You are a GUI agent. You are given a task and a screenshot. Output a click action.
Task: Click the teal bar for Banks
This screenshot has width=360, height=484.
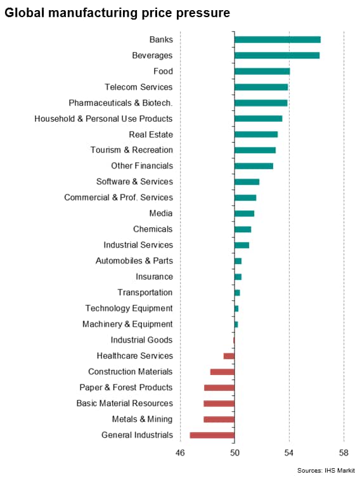(278, 39)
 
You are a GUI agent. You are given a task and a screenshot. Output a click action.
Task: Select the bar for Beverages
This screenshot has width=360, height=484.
(277, 56)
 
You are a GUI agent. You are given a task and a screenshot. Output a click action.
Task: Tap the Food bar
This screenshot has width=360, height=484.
(262, 72)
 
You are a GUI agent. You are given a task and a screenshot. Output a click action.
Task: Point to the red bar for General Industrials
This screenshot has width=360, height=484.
(212, 435)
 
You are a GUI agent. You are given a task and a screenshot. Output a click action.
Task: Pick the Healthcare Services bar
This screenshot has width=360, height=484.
(229, 356)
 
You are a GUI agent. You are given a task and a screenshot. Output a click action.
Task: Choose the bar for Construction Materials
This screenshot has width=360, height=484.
(222, 372)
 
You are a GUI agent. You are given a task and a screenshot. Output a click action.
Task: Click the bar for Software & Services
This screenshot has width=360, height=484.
(247, 182)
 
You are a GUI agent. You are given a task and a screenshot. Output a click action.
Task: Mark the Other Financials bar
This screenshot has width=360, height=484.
(254, 166)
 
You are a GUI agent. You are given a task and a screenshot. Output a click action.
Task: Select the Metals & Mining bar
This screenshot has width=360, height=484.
(219, 419)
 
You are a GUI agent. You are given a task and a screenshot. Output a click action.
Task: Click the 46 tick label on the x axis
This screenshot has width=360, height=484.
(180, 453)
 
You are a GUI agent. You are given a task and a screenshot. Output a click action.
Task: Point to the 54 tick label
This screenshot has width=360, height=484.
(288, 453)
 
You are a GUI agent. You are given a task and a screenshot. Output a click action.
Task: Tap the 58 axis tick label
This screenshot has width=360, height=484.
(344, 453)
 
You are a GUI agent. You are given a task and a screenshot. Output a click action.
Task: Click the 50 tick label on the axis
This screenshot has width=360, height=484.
(235, 453)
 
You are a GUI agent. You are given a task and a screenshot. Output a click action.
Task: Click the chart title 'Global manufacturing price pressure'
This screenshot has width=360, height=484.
(117, 13)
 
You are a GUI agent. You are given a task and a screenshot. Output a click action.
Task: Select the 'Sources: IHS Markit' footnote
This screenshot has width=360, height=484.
(326, 471)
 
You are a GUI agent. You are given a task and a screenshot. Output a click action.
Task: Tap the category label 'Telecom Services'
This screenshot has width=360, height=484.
(139, 87)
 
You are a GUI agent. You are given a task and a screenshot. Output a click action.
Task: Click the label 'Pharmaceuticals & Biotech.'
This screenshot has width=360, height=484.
(120, 103)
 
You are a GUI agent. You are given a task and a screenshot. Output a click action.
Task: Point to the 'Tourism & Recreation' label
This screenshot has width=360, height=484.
(132, 150)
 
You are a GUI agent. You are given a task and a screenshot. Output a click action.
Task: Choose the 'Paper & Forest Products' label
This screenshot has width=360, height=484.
(126, 387)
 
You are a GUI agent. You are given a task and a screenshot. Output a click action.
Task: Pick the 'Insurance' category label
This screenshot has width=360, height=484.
(155, 277)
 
